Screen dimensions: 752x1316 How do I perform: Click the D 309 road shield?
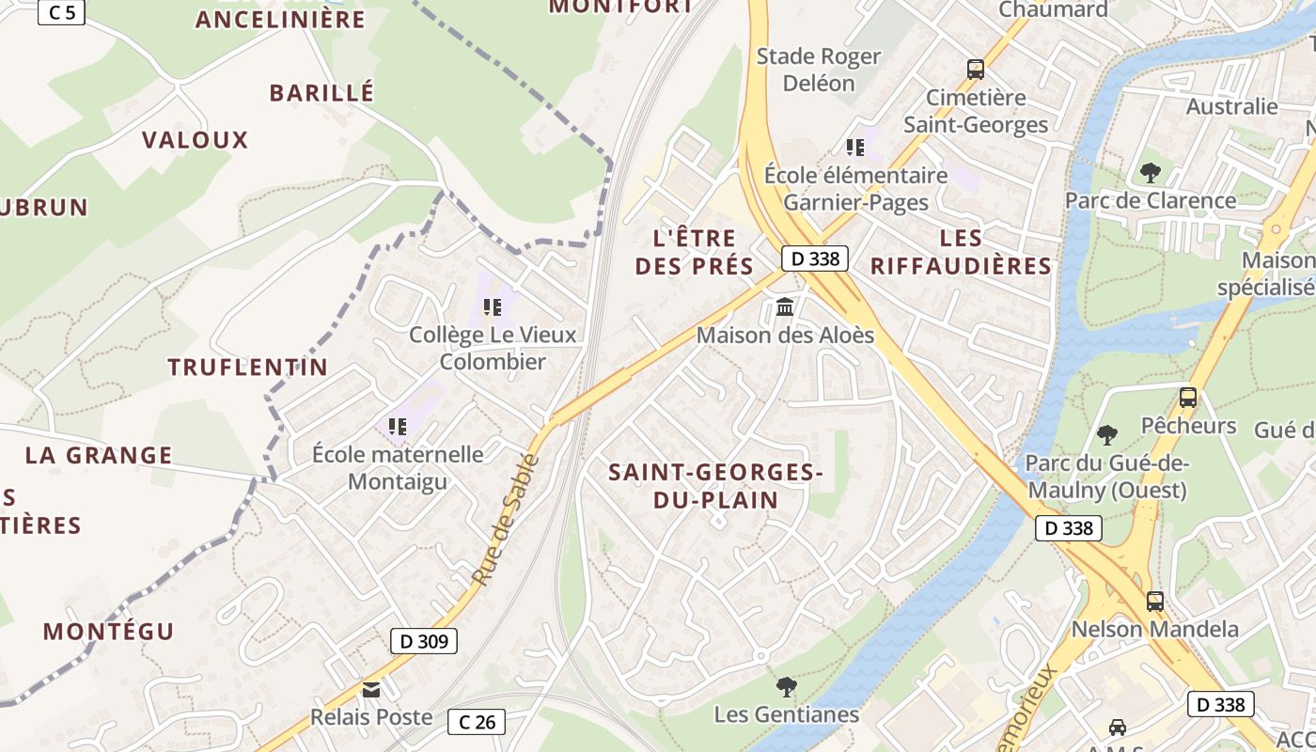pos(424,641)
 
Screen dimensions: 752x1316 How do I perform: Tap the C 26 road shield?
pos(477,722)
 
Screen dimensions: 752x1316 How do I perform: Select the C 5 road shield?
pos(61,12)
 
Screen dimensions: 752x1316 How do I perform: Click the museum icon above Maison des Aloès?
pos(785,306)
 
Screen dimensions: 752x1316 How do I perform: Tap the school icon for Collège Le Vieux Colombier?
pos(493,306)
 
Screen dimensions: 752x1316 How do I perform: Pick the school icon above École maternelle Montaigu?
pos(398,427)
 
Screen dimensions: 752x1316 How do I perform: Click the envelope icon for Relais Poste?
pos(371,690)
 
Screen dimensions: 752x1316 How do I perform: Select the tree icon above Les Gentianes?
pos(786,687)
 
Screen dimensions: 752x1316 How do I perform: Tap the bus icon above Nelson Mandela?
pos(1154,602)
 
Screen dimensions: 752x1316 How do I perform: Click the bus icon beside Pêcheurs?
pos(1188,398)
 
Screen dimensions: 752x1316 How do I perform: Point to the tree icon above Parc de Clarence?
pos(1150,173)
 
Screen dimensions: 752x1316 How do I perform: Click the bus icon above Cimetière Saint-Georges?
pos(976,70)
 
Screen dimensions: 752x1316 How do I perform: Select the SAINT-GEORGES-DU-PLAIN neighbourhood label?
pos(716,486)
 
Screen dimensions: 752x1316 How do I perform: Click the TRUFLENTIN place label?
pos(248,368)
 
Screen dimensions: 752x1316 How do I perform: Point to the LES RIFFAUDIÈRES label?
pos(961,252)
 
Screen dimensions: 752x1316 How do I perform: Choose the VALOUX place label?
pos(196,141)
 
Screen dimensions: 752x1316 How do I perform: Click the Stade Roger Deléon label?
pos(820,70)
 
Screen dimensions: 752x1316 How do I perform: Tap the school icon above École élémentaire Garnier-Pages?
pos(855,147)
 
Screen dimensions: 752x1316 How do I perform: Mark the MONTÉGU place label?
pos(109,632)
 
